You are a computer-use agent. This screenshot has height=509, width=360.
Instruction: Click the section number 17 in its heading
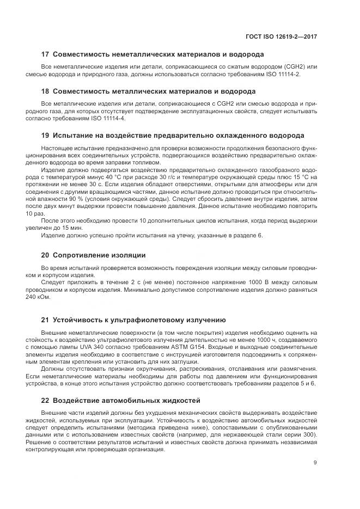46,54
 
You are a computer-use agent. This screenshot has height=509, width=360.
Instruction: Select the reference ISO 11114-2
282,73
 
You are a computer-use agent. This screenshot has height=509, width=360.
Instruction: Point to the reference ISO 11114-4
107,118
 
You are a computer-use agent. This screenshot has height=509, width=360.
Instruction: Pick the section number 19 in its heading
46,135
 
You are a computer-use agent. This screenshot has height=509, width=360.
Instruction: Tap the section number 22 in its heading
46,400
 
